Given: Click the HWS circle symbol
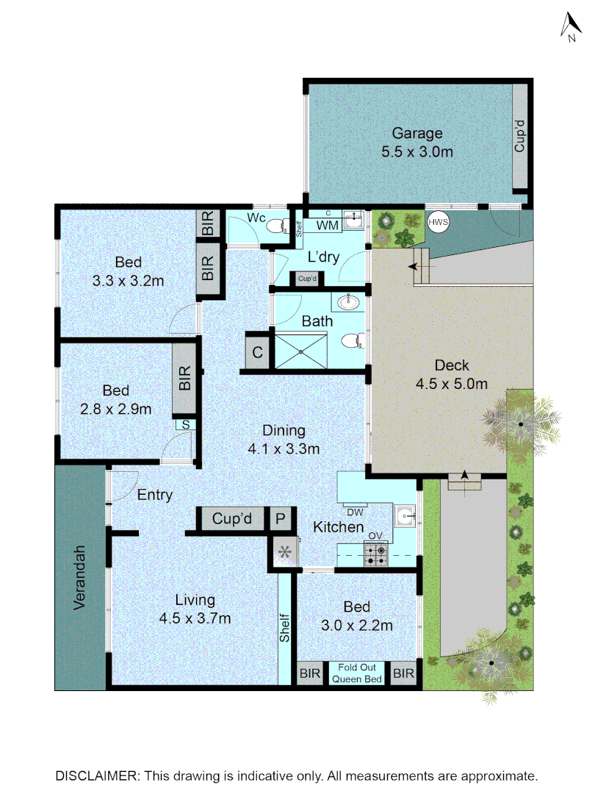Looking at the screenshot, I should click(x=439, y=222).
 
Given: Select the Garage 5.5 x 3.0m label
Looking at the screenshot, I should click(x=416, y=143).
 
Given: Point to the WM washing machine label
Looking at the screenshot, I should click(x=329, y=226).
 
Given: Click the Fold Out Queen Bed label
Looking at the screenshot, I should click(x=357, y=673).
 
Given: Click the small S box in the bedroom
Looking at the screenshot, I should click(x=185, y=424).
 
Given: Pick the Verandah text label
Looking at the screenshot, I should click(x=81, y=578).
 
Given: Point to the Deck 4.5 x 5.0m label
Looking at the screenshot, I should click(x=452, y=374).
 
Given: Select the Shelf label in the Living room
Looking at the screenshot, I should click(x=285, y=629).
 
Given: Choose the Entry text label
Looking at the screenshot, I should click(x=155, y=495).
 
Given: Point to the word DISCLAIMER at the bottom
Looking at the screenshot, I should click(x=98, y=776).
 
